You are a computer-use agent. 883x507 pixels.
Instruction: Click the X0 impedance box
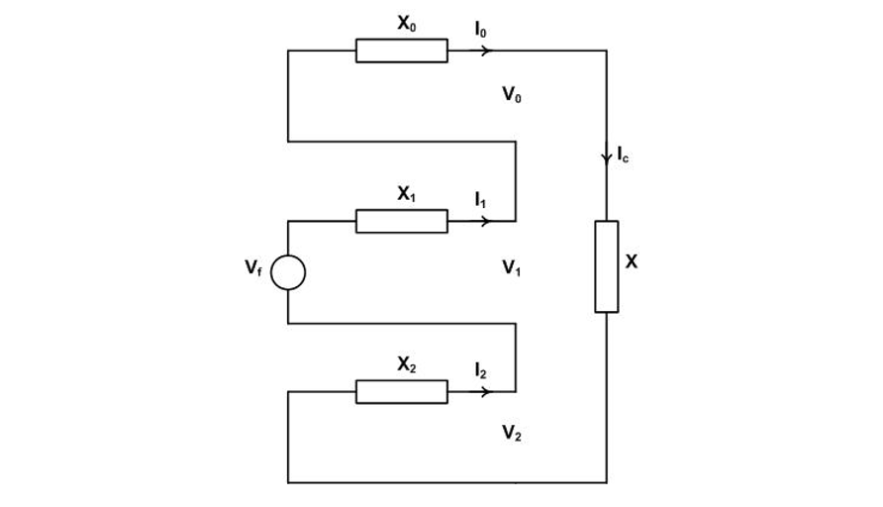[x=401, y=51]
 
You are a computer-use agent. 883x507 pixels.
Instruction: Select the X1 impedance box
[x=401, y=221]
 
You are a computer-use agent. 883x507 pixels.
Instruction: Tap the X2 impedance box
[x=401, y=392]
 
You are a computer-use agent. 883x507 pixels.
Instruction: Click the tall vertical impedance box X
[x=606, y=266]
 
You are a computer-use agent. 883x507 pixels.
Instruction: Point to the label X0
[x=407, y=25]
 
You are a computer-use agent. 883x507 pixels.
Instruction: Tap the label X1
[x=407, y=195]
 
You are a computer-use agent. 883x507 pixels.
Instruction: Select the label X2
[x=407, y=365]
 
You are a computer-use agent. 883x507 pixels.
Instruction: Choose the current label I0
[x=481, y=30]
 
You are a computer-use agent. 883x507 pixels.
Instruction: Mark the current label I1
[x=480, y=200]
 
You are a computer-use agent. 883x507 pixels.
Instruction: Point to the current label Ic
[x=623, y=154]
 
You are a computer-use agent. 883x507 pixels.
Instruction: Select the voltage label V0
[x=512, y=95]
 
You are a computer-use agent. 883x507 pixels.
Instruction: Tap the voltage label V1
[x=512, y=266]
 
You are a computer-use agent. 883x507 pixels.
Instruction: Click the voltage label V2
[x=512, y=432]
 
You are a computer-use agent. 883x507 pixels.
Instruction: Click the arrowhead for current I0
[x=484, y=51]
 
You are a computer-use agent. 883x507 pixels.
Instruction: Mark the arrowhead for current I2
[x=484, y=392]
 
